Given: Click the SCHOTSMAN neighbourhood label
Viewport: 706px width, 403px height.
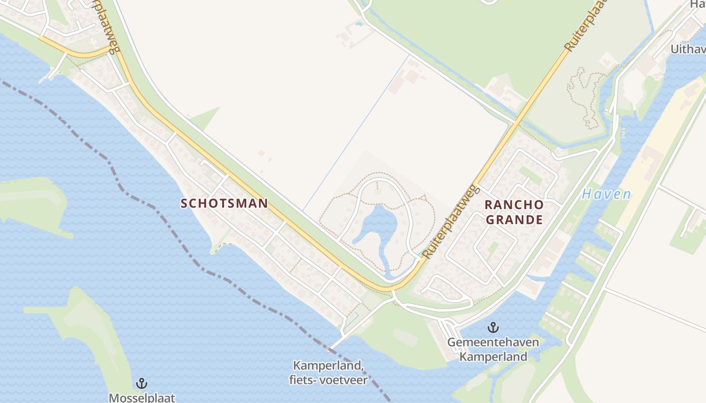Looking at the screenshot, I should pyautogui.click(x=224, y=204).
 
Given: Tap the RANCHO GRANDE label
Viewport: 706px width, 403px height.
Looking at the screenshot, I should pyautogui.click(x=514, y=212).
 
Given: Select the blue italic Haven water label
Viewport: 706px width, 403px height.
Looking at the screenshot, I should pyautogui.click(x=606, y=194).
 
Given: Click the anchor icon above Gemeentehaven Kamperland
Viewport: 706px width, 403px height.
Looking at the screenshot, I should pyautogui.click(x=493, y=328).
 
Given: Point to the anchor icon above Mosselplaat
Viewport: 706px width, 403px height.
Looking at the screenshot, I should pyautogui.click(x=142, y=383).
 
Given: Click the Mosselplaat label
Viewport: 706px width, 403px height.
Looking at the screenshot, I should pyautogui.click(x=142, y=397).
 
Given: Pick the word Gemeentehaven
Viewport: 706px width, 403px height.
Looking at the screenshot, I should pyautogui.click(x=493, y=343).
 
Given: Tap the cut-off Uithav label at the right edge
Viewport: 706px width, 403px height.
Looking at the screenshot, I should pyautogui.click(x=687, y=49).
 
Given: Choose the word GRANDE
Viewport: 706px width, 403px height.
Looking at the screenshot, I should pyautogui.click(x=514, y=220).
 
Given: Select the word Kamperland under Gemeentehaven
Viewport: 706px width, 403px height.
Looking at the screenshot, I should pyautogui.click(x=493, y=357).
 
